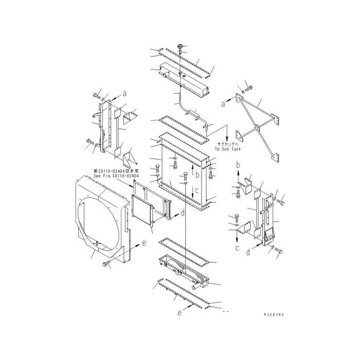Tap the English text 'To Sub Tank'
tap(228, 148)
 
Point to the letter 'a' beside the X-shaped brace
tap(223, 104)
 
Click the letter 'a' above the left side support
tap(124, 94)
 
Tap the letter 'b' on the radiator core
tap(197, 175)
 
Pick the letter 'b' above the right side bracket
tap(238, 165)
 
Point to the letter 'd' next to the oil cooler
tap(183, 212)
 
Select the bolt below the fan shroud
tap(106, 264)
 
